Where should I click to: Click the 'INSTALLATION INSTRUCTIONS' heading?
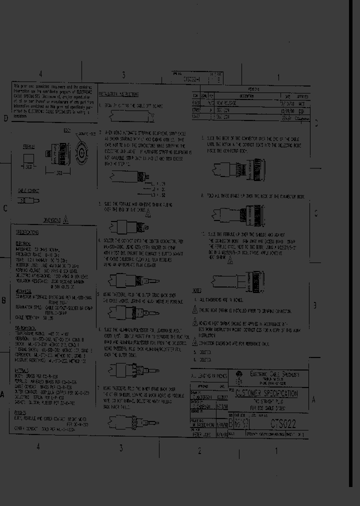118,94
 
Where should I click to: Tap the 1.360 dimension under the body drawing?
58,172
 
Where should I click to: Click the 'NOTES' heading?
196,290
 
